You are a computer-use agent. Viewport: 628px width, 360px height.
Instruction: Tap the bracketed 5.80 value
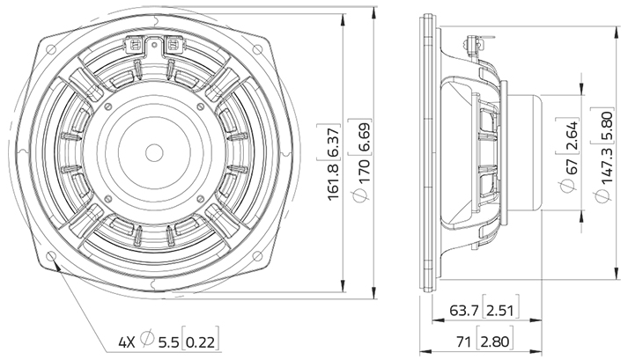tap(605, 132)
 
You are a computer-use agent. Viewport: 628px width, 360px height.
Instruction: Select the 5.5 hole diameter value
tap(170, 341)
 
